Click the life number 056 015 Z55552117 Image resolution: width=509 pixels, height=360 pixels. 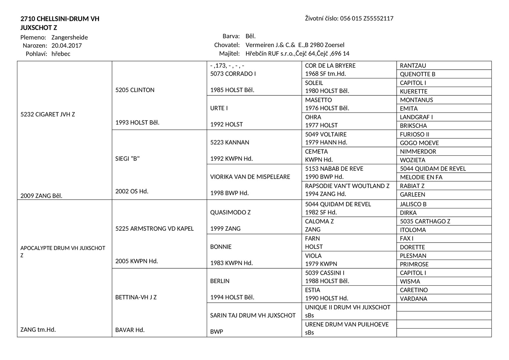367,18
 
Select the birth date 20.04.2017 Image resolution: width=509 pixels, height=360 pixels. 67,45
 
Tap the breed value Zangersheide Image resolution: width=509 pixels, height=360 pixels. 70,37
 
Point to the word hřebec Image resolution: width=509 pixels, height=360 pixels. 61,54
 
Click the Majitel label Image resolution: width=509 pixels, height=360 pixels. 229,53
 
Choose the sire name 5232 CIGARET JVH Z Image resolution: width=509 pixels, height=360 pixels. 48,114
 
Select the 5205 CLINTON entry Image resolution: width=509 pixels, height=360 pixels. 135,90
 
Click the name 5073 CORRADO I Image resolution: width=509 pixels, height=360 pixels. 233,74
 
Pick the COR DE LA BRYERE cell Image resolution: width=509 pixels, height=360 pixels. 330,66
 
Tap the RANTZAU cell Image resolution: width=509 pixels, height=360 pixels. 413,66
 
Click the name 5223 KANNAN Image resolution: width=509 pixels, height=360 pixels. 230,142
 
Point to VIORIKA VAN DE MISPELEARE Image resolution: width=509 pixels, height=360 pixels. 250,177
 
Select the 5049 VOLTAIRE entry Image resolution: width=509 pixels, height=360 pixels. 326,134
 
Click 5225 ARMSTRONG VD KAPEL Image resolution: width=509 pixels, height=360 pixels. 154,229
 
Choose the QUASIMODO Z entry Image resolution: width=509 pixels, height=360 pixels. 230,212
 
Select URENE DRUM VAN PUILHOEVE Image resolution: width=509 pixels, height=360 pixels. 347,324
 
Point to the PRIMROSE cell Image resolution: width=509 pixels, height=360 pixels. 414,264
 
